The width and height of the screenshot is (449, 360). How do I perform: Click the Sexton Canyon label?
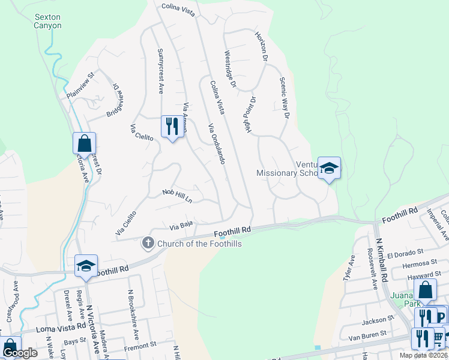tap(48, 22)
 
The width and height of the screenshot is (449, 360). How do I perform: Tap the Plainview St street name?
tap(81, 86)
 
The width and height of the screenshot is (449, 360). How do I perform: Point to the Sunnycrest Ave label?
tap(160, 71)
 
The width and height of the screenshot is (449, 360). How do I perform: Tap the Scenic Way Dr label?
tap(285, 98)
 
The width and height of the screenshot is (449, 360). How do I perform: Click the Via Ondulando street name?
tap(216, 144)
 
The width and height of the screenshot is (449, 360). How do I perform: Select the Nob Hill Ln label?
tap(177, 195)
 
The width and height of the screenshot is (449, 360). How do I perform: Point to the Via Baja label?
tap(181, 226)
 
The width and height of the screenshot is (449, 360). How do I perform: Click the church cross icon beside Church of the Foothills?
tap(148, 243)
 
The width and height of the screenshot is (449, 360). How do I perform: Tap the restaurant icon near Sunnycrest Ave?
tap(172, 127)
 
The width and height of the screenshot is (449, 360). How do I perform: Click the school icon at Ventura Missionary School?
tap(329, 169)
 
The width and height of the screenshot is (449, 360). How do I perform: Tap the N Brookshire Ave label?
tap(132, 314)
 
